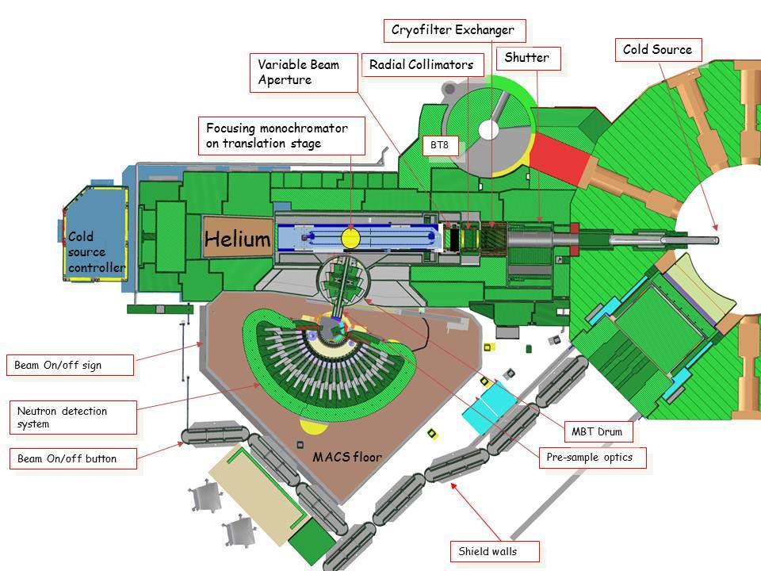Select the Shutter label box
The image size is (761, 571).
coord(526,58)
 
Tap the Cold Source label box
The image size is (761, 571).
coord(657,49)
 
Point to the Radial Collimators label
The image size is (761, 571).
coord(422,65)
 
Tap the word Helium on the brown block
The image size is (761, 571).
coord(238,239)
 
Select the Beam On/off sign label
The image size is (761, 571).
coord(69,366)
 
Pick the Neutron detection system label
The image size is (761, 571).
coord(72,417)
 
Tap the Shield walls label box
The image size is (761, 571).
coord(488,550)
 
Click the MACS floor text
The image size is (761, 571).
coord(346,458)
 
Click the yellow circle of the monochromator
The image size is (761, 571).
coord(350,238)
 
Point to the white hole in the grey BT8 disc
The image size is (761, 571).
coord(489,129)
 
